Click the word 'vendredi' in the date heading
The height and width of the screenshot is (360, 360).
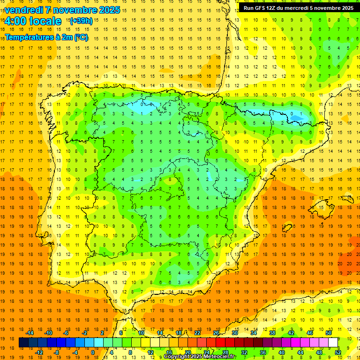(x=24, y=10)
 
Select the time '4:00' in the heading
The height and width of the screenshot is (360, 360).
(x=15, y=21)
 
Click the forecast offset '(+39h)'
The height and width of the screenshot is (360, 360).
(x=81, y=21)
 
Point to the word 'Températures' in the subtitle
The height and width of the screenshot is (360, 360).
(x=29, y=37)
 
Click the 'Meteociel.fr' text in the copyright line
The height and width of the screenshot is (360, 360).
(x=218, y=357)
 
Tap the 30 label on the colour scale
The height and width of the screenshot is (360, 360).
(x=235, y=333)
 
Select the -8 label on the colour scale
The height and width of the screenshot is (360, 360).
(x=57, y=352)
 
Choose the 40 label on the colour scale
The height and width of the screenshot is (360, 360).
(x=282, y=352)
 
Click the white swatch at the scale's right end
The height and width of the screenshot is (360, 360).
(x=333, y=343)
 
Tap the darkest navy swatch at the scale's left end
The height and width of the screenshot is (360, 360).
(x=23, y=343)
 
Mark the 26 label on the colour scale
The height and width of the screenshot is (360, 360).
(x=216, y=333)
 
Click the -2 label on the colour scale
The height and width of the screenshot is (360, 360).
(x=84, y=333)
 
